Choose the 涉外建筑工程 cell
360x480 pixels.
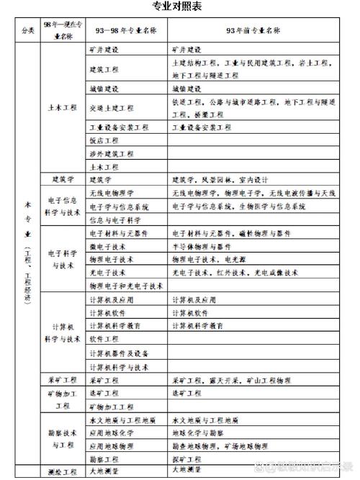click(x=111, y=153)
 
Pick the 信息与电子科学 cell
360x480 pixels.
click(x=114, y=219)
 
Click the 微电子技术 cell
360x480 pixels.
click(x=107, y=246)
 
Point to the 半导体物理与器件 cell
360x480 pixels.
click(x=204, y=246)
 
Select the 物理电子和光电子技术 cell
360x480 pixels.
click(x=126, y=286)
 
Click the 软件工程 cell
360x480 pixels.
click(x=103, y=338)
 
